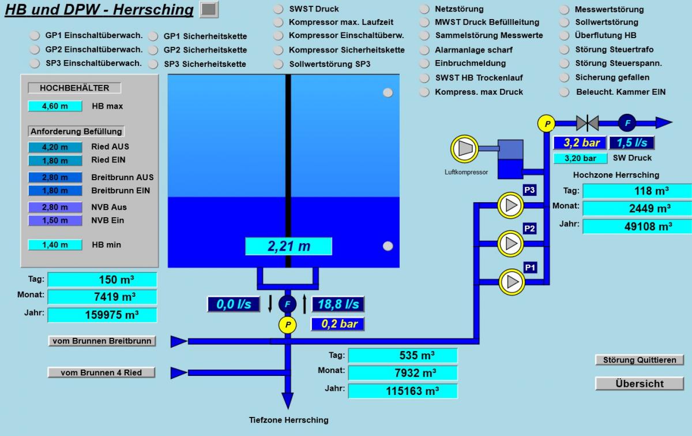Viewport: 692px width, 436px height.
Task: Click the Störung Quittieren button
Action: (639, 360)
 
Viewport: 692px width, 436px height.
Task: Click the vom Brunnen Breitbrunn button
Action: (102, 341)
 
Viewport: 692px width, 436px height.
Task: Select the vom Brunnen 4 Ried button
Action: (101, 372)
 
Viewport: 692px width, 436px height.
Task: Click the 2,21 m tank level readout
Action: (288, 246)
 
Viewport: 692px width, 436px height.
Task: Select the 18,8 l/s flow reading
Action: (338, 304)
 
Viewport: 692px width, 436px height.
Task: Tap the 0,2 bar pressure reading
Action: (338, 324)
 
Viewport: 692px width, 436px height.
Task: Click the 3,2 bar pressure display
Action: (580, 143)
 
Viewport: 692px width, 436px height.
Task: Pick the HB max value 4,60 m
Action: (55, 106)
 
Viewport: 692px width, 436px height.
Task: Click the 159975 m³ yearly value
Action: (102, 315)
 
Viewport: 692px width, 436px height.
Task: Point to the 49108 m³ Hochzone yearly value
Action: (637, 226)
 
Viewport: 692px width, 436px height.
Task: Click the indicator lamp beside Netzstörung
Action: (424, 9)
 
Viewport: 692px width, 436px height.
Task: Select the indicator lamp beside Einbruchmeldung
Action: (424, 64)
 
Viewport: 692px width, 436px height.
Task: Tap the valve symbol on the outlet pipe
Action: (588, 122)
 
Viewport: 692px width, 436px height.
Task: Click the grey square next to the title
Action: (209, 9)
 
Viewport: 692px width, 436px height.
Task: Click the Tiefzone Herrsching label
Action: (288, 420)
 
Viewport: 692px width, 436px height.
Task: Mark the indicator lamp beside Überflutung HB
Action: (565, 36)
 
